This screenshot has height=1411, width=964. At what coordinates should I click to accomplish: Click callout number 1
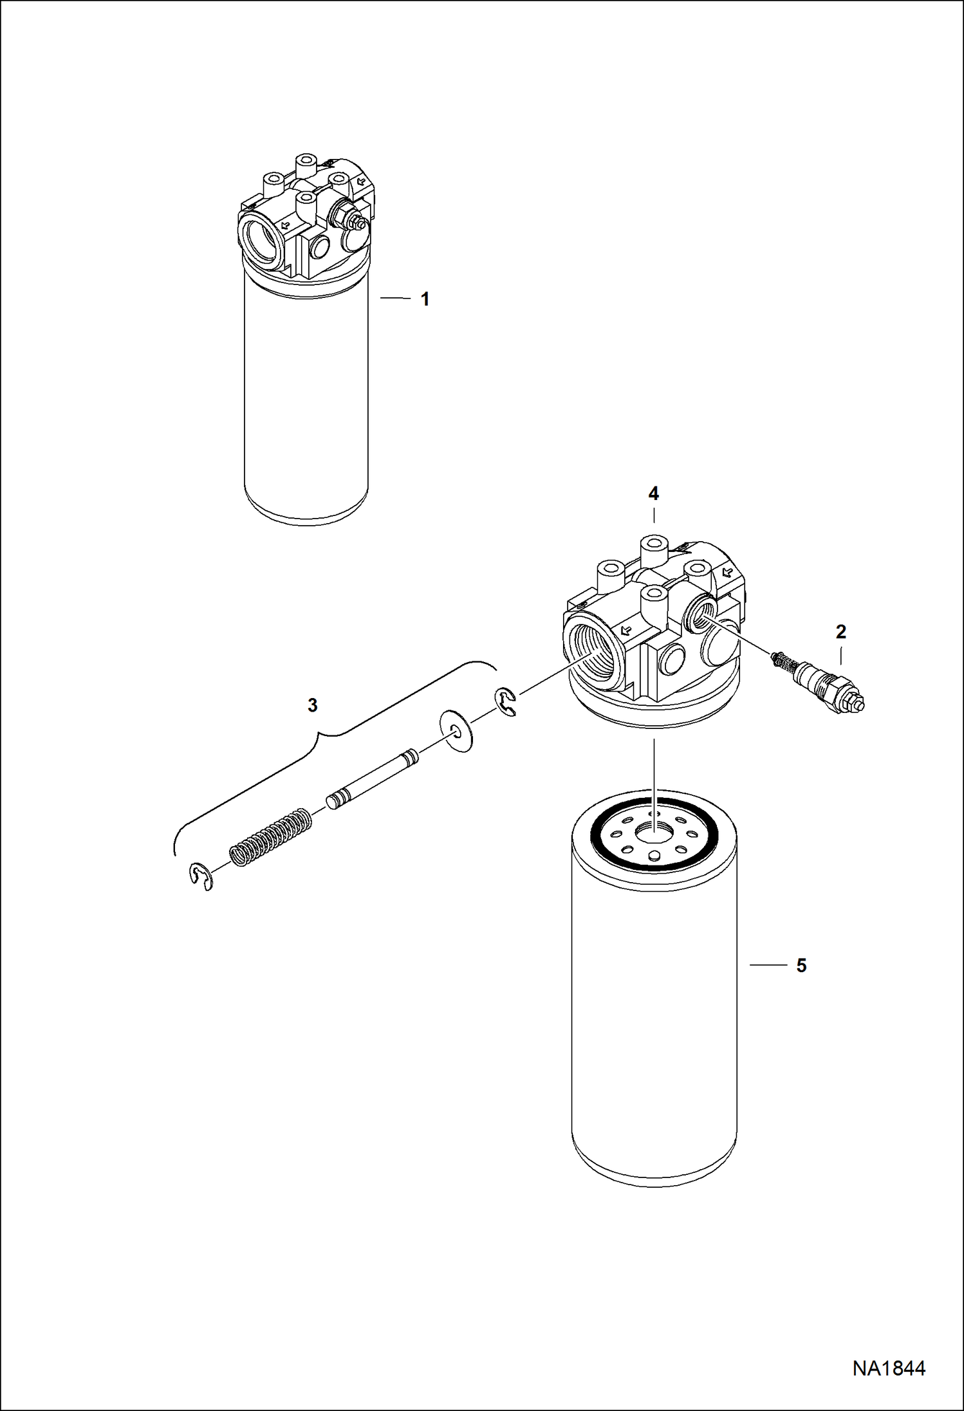425,299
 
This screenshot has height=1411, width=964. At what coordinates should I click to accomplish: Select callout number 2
840,632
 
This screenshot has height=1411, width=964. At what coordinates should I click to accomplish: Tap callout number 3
313,705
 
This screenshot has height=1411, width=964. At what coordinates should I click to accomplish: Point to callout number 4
653,493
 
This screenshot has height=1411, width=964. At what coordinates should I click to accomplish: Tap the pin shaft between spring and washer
373,779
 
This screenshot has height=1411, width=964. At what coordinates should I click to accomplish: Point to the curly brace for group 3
322,740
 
